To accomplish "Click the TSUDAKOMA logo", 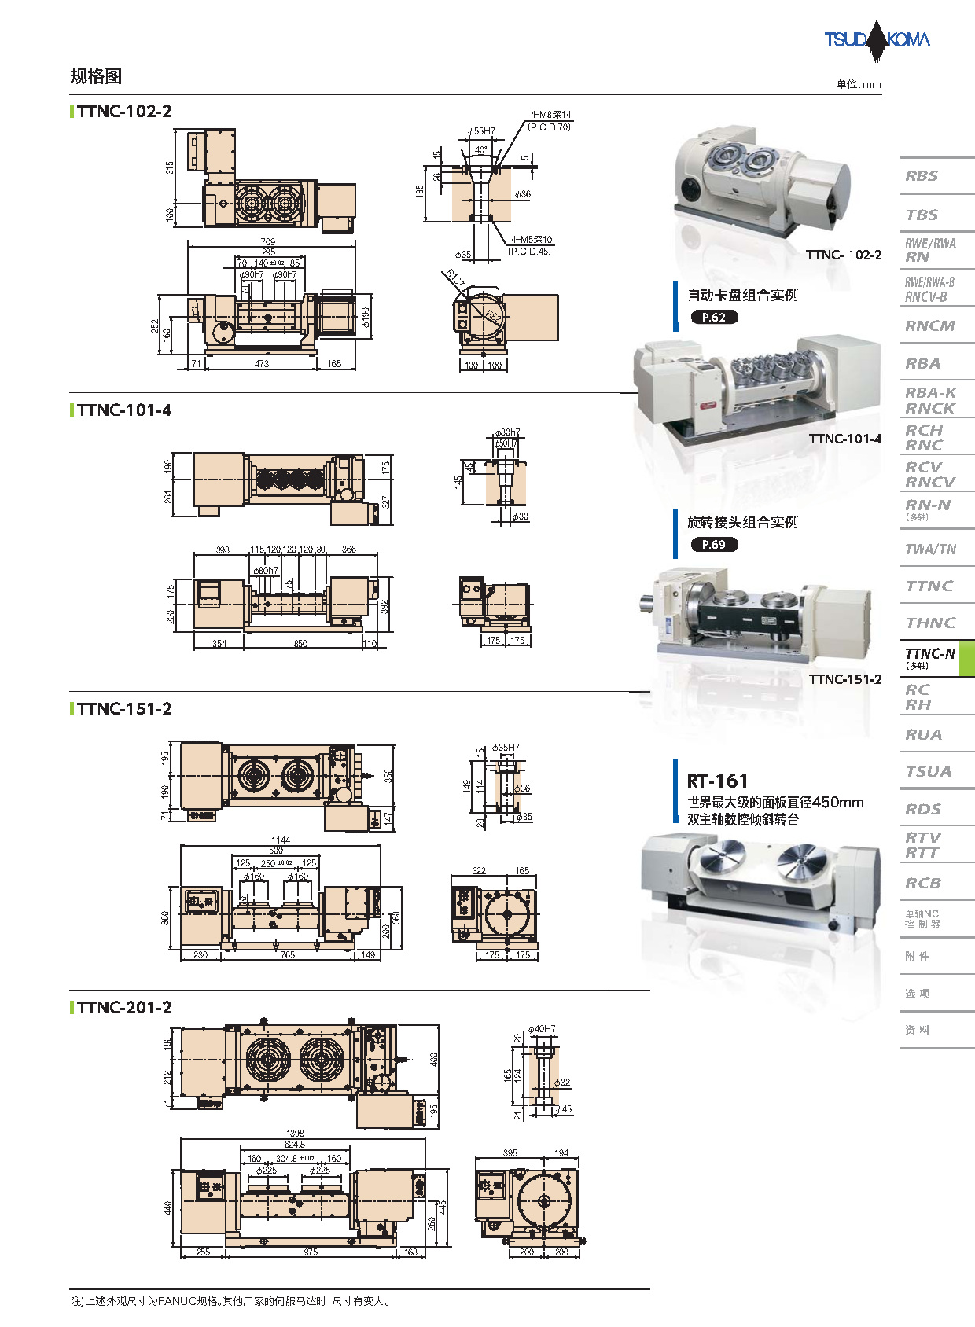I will [877, 39].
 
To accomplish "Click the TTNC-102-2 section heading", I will [124, 112].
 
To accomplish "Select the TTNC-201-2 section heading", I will [124, 1008].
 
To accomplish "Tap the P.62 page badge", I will [714, 318].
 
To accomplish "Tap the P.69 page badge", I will [714, 545].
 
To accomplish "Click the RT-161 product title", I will [717, 781].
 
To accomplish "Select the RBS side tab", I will [922, 176].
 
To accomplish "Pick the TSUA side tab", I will [928, 772].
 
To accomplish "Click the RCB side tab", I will [923, 884].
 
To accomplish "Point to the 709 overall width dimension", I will [268, 242].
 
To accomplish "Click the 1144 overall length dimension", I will [281, 840].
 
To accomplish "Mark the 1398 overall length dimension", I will [295, 1134].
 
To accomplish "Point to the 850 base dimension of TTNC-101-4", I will [300, 644].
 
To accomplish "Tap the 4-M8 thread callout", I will [550, 115].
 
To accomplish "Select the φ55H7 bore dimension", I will [481, 131].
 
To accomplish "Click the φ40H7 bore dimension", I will [542, 1029].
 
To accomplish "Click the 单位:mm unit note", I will [859, 85].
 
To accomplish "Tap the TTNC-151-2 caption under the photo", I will [845, 679].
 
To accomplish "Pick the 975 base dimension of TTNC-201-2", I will [311, 1252].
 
